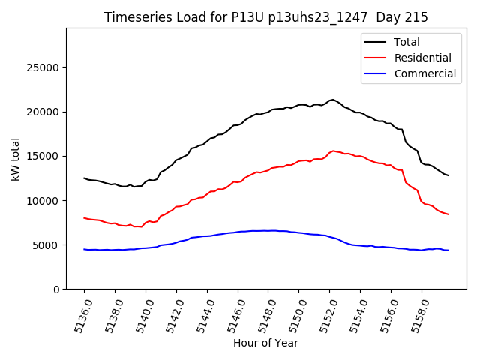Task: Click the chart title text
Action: [x=265, y=17]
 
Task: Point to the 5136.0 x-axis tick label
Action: [x=79, y=313]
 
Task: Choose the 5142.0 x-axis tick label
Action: [x=172, y=313]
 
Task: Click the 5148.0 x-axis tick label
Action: [x=263, y=313]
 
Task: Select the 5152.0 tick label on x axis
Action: [x=325, y=313]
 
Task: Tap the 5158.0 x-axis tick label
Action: [x=417, y=313]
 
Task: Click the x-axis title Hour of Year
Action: [x=265, y=343]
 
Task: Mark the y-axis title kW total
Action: [x=15, y=159]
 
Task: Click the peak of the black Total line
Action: [x=332, y=99]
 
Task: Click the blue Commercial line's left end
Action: [x=84, y=249]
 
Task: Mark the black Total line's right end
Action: [x=448, y=175]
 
